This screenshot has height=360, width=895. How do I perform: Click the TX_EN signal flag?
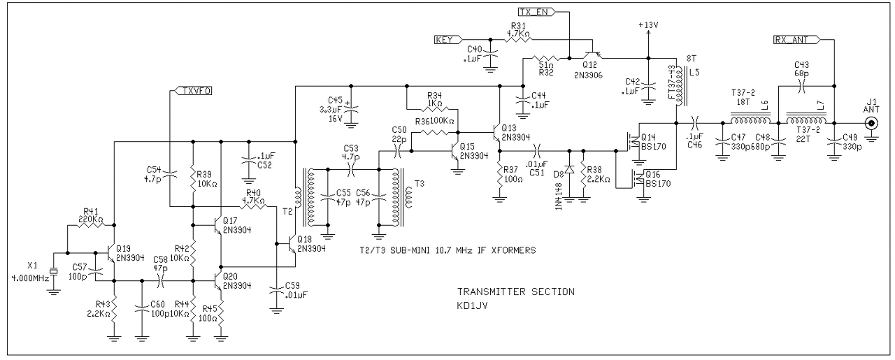[x=536, y=12]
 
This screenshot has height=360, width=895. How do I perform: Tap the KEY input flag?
[x=448, y=40]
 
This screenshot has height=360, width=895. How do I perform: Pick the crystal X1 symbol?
[x=54, y=272]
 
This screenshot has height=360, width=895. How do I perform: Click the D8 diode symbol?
[x=569, y=169]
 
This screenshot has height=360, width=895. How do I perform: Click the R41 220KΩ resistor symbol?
[x=91, y=225]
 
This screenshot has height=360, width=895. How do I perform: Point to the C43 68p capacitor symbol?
[x=801, y=86]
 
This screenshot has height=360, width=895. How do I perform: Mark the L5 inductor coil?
[x=679, y=86]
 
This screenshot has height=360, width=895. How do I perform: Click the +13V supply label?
[x=647, y=24]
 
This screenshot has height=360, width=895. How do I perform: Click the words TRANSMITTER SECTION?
[x=516, y=291]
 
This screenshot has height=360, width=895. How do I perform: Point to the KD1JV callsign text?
[x=472, y=305]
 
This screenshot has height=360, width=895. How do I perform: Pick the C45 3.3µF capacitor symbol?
[x=350, y=108]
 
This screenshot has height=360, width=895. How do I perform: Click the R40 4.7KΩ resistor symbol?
[x=253, y=207]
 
